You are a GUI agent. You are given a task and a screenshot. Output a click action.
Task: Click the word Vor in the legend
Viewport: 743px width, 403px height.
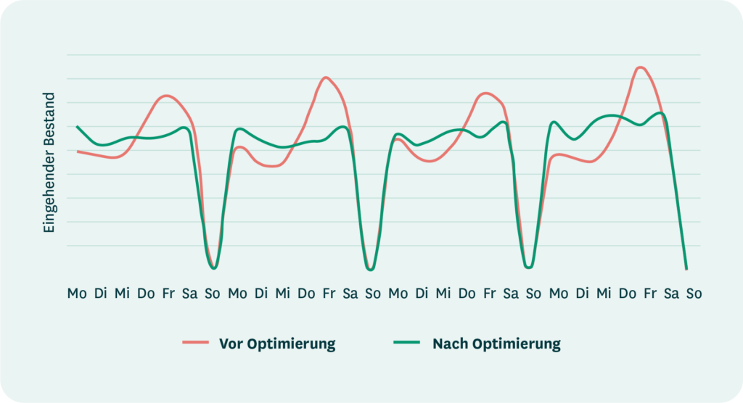[231, 344]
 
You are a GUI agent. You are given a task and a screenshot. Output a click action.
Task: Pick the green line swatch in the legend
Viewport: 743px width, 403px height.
[408, 342]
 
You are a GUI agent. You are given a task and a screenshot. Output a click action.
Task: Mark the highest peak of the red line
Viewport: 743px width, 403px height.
[640, 67]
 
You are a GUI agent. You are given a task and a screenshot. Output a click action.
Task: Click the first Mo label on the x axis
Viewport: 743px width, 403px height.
[76, 294]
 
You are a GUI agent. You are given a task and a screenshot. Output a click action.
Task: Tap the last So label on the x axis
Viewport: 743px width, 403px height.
[694, 294]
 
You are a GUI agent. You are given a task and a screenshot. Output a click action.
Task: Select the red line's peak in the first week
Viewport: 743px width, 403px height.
[168, 96]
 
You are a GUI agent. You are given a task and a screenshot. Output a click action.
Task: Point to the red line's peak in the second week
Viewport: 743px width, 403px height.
[327, 78]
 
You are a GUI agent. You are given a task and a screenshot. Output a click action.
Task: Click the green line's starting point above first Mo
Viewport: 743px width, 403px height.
[77, 127]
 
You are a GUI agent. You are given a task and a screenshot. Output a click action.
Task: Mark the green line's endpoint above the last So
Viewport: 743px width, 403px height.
[686, 269]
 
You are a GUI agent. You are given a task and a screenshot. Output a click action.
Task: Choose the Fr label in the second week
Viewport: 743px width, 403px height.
[329, 294]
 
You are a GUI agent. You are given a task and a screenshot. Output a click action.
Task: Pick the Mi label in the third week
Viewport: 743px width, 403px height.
[443, 294]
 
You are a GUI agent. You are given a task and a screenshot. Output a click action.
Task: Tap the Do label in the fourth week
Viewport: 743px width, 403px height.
[628, 294]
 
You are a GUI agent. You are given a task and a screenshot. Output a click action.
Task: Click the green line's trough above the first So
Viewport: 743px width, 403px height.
[213, 268]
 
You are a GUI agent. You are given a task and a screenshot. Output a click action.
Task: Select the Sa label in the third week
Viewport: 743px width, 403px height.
[511, 294]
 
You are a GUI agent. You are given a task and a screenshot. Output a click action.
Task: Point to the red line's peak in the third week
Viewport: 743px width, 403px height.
[486, 93]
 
